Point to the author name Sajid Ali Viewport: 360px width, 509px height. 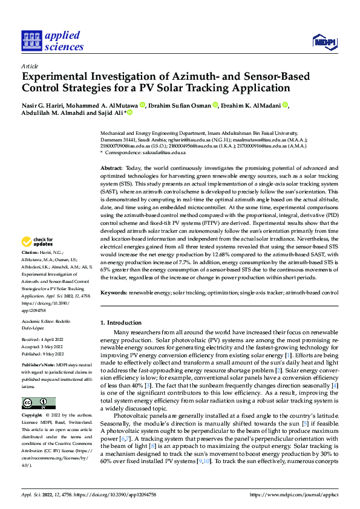click(110, 112)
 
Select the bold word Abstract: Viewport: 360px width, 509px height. click(111, 150)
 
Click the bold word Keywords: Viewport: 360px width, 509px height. click(113, 292)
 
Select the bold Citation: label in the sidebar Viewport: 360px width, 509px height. click(30, 251)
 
